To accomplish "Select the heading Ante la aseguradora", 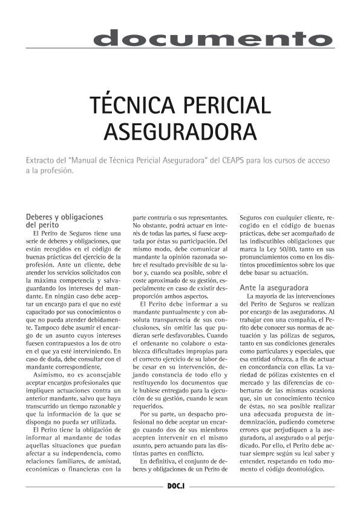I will click(274, 288).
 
